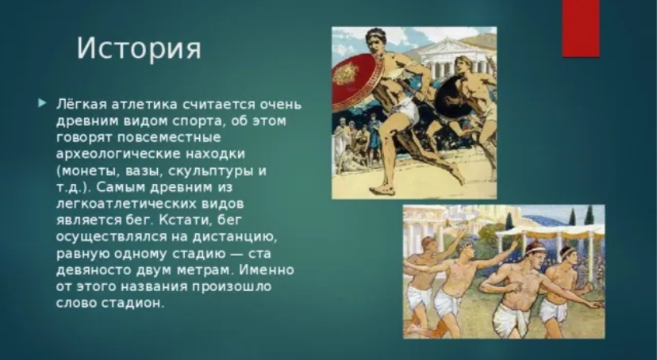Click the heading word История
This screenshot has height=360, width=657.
coord(139,48)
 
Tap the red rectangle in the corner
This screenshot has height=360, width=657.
coord(581,28)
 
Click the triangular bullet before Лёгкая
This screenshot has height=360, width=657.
coord(42,102)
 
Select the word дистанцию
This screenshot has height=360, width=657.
coord(236,237)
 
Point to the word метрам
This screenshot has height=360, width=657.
coord(205,270)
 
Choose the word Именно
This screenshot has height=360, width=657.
coord(267,270)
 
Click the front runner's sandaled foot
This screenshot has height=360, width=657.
coord(382,190)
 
